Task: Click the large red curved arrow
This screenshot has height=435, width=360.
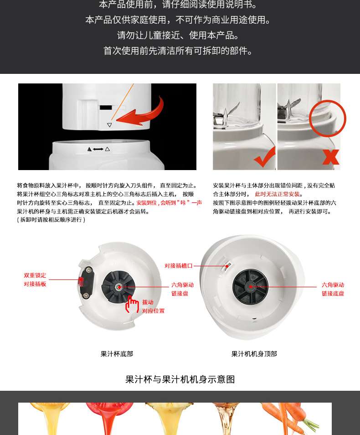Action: [144, 114]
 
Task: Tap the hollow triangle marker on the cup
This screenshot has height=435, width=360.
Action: [109, 125]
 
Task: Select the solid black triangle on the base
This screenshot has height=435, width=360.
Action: [89, 149]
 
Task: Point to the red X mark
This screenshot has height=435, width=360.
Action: [330, 157]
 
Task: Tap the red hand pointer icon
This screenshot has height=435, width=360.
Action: [132, 305]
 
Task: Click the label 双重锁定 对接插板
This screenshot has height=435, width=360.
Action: [35, 280]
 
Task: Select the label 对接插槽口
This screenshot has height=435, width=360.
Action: [178, 266]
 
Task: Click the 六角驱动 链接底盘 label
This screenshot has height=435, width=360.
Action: [333, 289]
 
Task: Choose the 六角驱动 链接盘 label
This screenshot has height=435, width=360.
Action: [182, 289]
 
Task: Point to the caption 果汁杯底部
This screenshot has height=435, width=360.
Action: [117, 354]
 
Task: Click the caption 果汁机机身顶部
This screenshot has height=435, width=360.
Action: [254, 354]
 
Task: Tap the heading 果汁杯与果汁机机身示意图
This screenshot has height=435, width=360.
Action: [180, 379]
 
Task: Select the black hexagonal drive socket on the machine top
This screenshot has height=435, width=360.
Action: [251, 286]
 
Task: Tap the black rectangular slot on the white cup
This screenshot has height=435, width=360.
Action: [106, 107]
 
